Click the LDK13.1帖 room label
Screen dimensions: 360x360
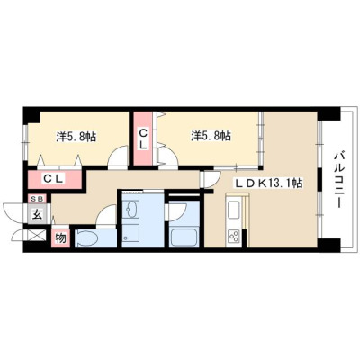click(267, 183)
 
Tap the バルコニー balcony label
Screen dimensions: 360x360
click(339, 180)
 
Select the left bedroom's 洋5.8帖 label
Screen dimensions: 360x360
click(76, 137)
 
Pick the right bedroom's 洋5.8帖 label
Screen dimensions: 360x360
click(211, 136)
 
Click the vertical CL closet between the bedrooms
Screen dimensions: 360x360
click(143, 139)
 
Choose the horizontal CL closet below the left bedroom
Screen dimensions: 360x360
click(55, 179)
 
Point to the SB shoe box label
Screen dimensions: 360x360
click(37, 199)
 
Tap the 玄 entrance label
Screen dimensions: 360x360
click(37, 214)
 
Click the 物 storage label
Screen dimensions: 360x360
click(60, 238)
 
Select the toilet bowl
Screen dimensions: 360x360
click(86, 238)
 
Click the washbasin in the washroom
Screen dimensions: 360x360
click(132, 208)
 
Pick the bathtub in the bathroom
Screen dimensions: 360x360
click(183, 237)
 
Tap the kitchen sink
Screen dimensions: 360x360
click(234, 210)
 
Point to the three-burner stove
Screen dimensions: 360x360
click(234, 236)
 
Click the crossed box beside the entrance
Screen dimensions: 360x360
click(37, 236)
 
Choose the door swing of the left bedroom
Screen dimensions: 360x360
click(118, 156)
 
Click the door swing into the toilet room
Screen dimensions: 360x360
click(105, 214)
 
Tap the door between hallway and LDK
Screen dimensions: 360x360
click(211, 179)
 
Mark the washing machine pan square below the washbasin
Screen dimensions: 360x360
click(131, 234)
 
